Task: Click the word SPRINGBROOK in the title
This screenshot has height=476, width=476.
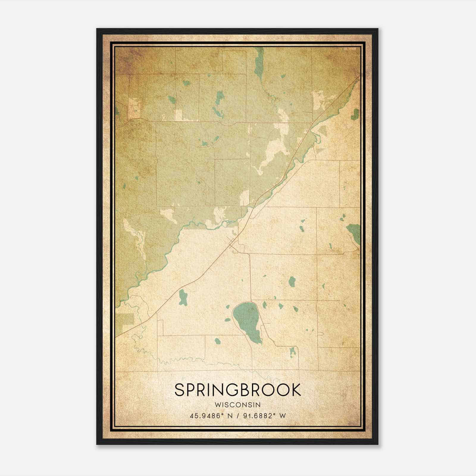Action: [x=237, y=390]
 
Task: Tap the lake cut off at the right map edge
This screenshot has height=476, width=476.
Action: [x=354, y=232]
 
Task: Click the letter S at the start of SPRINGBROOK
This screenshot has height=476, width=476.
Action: [x=180, y=390]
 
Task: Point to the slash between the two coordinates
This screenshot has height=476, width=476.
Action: [x=238, y=416]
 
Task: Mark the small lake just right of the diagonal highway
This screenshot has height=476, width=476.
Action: [x=183, y=297]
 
